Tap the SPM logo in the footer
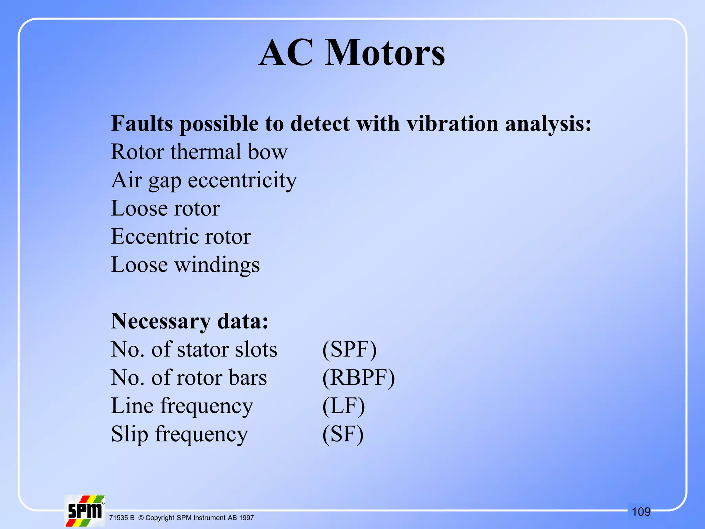pyautogui.click(x=85, y=511)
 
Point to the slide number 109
pyautogui.click(x=641, y=512)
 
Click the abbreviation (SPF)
pyautogui.click(x=349, y=350)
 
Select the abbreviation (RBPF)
pyautogui.click(x=358, y=378)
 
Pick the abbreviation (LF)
pyautogui.click(x=343, y=406)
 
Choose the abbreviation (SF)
pyautogui.click(x=343, y=434)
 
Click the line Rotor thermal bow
pyautogui.click(x=199, y=152)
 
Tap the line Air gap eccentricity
pyautogui.click(x=204, y=180)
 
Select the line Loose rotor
pyautogui.click(x=165, y=208)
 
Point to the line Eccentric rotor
pyautogui.click(x=181, y=237)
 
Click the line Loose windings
pyautogui.click(x=185, y=265)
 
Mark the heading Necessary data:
pyautogui.click(x=190, y=321)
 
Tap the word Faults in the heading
pyautogui.click(x=142, y=124)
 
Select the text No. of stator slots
pyautogui.click(x=194, y=350)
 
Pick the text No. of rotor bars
pyautogui.click(x=189, y=378)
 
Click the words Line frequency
pyautogui.click(x=182, y=406)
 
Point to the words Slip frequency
pyautogui.click(x=179, y=434)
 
